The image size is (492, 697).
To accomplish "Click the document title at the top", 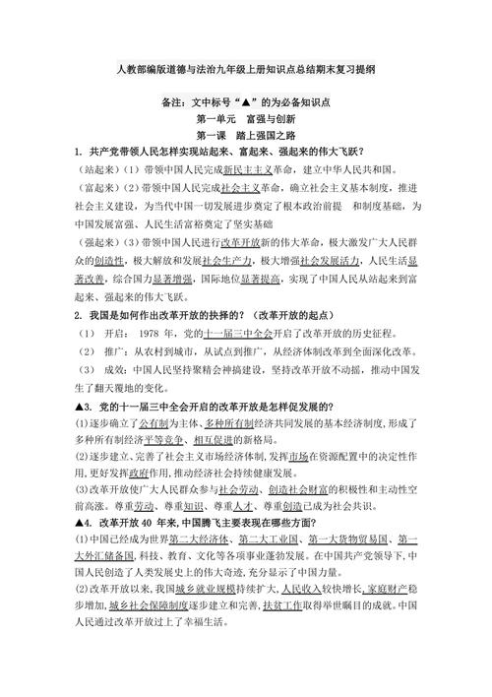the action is pyautogui.click(x=246, y=72).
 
